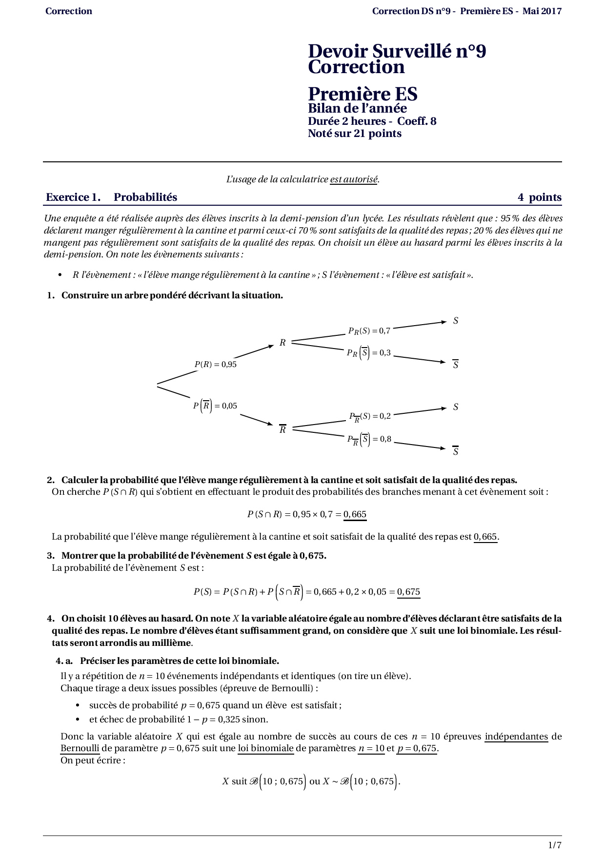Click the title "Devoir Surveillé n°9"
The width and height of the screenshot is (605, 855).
click(x=397, y=51)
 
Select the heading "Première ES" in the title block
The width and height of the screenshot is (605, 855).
click(x=363, y=94)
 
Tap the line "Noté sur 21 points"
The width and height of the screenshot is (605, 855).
click(x=355, y=134)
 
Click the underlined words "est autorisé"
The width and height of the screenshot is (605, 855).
click(x=354, y=179)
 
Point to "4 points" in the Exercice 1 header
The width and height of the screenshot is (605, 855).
click(x=539, y=197)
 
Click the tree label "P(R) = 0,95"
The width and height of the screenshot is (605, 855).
click(x=215, y=364)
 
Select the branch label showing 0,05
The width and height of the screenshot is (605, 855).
click(x=215, y=406)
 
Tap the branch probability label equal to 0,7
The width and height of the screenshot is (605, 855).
click(x=369, y=331)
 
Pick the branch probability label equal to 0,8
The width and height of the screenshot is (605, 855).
click(x=369, y=439)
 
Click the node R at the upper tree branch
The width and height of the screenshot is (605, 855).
click(x=282, y=343)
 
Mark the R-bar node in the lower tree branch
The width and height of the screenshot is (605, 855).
click(x=282, y=430)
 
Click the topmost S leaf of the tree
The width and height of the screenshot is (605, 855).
click(x=456, y=321)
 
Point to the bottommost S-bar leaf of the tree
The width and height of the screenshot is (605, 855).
click(x=456, y=451)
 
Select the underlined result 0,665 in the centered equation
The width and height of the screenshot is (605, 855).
click(x=355, y=514)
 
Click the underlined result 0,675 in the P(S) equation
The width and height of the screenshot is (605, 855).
click(x=408, y=592)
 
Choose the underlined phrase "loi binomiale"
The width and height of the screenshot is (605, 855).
click(x=265, y=748)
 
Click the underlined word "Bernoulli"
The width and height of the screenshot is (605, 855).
click(x=80, y=748)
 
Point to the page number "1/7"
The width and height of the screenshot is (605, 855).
click(x=555, y=845)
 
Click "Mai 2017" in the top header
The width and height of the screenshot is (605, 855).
click(x=542, y=11)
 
